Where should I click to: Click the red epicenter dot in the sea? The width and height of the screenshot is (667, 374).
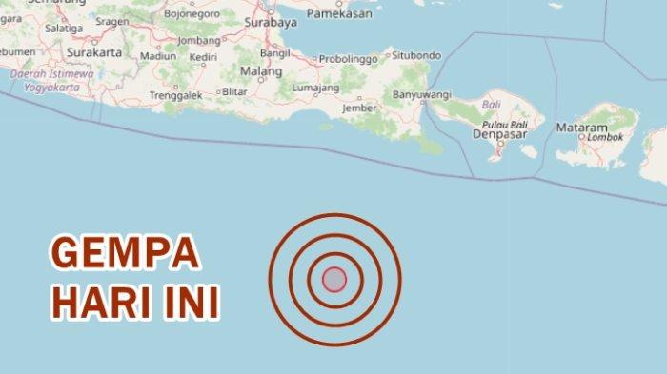coord(334,279)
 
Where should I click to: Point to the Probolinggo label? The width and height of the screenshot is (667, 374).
coord(350,58)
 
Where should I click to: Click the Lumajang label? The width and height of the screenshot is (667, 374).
coord(293,89)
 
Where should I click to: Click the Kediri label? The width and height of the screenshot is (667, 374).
coord(202,57)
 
